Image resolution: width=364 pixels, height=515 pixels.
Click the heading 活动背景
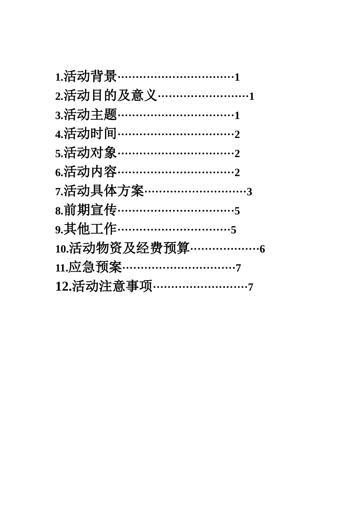[x=90, y=77]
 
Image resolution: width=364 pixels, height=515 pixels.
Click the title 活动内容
[x=90, y=172]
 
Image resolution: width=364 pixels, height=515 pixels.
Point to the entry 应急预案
[x=95, y=267]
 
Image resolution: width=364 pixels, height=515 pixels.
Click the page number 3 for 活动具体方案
[x=249, y=192]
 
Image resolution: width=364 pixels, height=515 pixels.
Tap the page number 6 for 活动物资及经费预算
[x=262, y=249]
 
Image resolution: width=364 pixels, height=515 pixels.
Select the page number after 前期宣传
[x=237, y=211]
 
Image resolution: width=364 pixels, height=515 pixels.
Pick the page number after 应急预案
[x=238, y=268]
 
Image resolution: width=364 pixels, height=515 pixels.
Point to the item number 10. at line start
[x=62, y=249]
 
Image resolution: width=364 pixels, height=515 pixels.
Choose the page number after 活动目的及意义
[x=252, y=96]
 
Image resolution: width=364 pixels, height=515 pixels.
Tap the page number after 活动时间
[x=237, y=134]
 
